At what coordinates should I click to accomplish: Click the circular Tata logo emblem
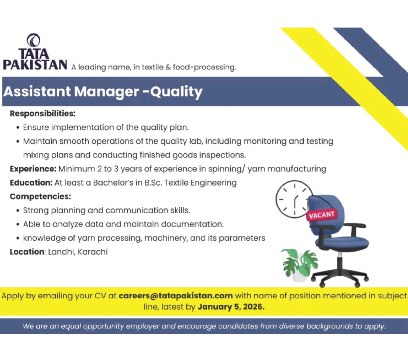pos(33,40)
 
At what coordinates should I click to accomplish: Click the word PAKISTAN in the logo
pos(35,65)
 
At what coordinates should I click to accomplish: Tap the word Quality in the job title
pos(176,92)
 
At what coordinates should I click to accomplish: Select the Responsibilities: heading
pos(43,114)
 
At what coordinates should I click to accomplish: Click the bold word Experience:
pos(33,169)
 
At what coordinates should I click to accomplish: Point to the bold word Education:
pos(31,183)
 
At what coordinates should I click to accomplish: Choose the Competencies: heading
pos(41,196)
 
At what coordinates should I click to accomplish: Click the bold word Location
pos(27,252)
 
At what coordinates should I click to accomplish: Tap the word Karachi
pos(92,252)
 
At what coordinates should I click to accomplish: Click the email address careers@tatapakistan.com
pos(176,296)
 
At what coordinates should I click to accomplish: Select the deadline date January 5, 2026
pos(231,307)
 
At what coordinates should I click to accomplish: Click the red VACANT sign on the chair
pos(321,215)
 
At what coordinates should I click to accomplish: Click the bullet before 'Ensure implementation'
pos(18,128)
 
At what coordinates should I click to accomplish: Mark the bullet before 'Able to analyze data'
pos(18,224)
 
